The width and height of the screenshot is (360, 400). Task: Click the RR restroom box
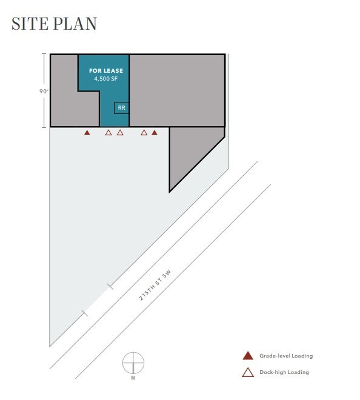click(x=121, y=108)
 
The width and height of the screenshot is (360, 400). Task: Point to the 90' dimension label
click(x=41, y=92)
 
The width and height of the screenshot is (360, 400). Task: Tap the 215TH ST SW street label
click(x=156, y=295)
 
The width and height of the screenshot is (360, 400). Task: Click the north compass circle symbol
click(x=133, y=362)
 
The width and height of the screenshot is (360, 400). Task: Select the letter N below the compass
click(x=133, y=378)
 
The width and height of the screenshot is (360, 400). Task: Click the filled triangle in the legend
click(x=247, y=356)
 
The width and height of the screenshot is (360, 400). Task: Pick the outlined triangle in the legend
click(x=247, y=372)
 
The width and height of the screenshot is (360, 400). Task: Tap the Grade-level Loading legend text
click(x=286, y=356)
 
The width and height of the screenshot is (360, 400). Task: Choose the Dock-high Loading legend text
click(x=284, y=372)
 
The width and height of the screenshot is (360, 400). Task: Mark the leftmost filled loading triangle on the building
click(x=87, y=132)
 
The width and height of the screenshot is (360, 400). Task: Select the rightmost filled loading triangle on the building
click(x=155, y=132)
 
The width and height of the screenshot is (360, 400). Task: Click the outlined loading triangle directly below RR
click(x=120, y=132)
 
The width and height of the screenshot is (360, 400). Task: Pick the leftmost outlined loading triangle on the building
click(x=108, y=132)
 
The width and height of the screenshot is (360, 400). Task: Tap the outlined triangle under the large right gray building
click(x=144, y=132)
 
